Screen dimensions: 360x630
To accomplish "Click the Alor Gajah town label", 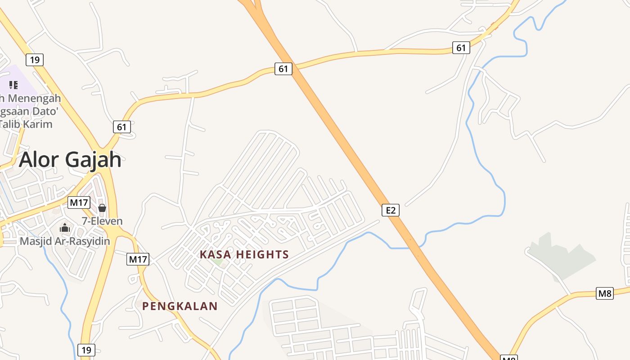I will pos(70,159).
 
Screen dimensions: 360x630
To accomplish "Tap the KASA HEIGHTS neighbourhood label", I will pos(244,254).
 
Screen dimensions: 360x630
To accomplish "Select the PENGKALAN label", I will pos(180,306).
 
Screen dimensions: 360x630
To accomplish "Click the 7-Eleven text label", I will pos(102,221).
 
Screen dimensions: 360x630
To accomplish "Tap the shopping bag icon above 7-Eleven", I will pos(102,208).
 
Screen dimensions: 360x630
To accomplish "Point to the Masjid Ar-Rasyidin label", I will pos(65,241).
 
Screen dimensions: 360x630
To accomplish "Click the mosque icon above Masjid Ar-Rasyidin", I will pos(65,228).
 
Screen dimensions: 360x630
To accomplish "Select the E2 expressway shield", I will pos(391,210).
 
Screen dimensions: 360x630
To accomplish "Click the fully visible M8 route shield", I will pos(605,293).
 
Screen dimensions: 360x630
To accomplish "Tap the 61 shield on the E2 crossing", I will pos(283,69).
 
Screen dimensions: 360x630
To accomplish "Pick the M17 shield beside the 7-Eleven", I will pos(79,202).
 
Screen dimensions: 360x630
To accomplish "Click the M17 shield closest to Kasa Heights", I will pos(138,259).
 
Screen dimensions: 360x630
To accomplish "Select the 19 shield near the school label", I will pos(35,59).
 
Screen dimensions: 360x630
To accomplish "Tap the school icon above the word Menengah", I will pos(13,85).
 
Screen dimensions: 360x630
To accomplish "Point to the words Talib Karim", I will pos(27,124).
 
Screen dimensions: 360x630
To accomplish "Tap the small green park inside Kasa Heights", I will pos(218,261).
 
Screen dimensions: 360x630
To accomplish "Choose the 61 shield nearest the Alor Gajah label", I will pos(122,127).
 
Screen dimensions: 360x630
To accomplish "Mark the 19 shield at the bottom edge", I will pos(86,350).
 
